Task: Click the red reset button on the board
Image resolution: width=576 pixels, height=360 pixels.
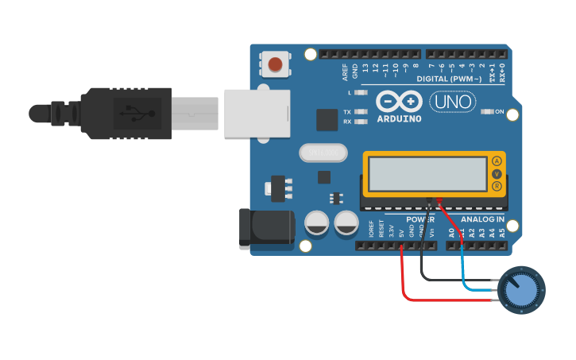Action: point(276,64)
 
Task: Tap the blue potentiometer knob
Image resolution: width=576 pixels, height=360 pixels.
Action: point(521,288)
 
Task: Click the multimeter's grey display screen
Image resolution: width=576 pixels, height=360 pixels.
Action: point(427,173)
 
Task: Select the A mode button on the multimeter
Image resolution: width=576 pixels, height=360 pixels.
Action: point(497,161)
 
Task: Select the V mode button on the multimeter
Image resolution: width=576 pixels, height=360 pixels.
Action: point(497,174)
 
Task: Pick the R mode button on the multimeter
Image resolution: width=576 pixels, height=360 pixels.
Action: point(497,187)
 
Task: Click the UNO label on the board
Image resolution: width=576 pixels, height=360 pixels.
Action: point(453,102)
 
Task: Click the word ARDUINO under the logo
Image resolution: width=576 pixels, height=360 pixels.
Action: point(400,119)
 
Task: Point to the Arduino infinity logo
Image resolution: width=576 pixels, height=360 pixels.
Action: point(399,102)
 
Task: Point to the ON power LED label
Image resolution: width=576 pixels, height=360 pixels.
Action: point(500,112)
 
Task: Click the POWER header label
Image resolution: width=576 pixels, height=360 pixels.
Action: point(420,219)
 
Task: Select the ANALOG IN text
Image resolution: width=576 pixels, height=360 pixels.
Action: point(482,219)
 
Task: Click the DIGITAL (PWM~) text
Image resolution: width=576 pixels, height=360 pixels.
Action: point(450,79)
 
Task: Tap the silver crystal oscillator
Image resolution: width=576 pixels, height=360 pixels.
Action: point(323,152)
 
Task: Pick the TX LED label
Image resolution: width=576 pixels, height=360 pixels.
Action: point(347,112)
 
